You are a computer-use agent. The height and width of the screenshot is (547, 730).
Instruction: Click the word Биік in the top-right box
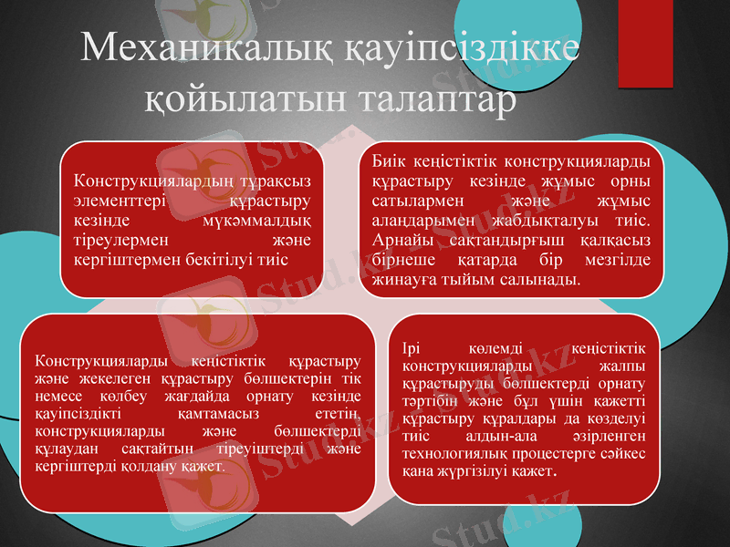tap(387, 161)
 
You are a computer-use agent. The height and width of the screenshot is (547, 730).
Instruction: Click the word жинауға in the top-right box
tap(402, 279)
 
